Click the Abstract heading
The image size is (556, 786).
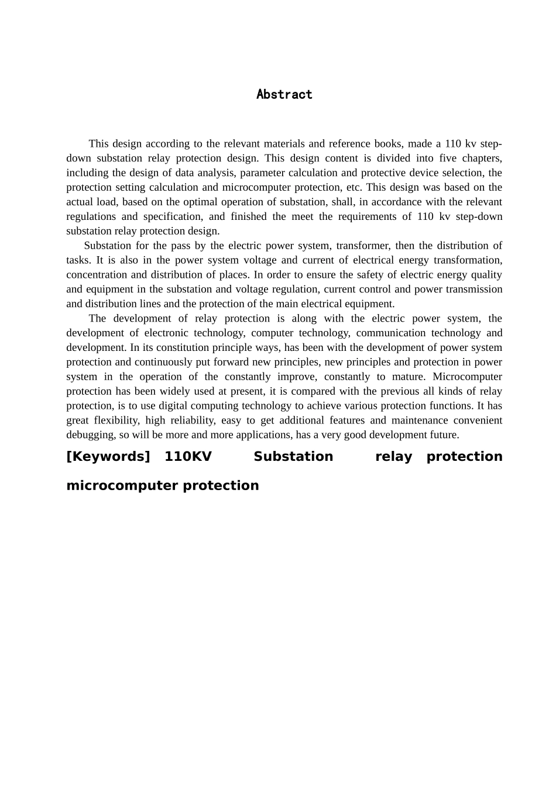point(284,95)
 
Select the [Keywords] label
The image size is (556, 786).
point(108,457)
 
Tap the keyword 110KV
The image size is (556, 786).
point(188,457)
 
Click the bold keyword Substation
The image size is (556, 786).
point(293,457)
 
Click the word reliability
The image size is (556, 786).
point(192,420)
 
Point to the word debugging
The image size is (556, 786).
point(90,435)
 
